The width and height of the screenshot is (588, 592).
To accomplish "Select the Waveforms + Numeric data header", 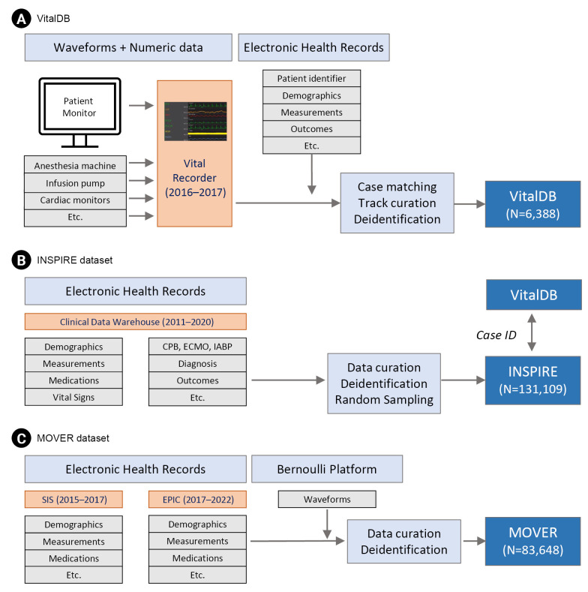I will (x=127, y=47).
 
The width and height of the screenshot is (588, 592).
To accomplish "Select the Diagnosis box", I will (x=197, y=363).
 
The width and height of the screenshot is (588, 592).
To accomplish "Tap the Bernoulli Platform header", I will (x=326, y=469).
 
